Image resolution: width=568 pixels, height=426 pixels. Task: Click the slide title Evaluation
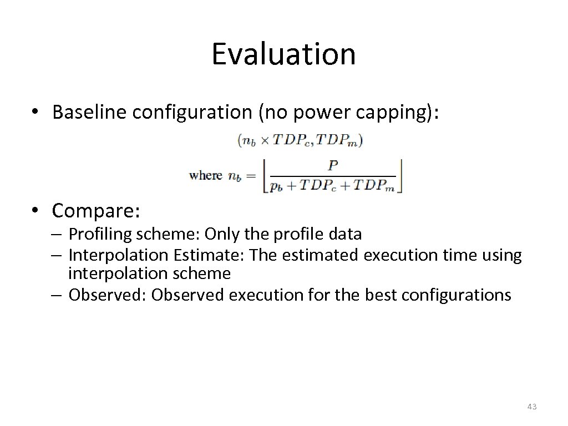(x=283, y=54)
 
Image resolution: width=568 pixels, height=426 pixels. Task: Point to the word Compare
(x=96, y=211)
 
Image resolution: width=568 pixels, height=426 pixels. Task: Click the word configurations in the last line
(x=456, y=295)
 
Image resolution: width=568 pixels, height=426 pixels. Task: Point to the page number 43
(x=531, y=407)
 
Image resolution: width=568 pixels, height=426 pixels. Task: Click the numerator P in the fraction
(x=332, y=165)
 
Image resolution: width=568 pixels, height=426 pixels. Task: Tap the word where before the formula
(x=205, y=176)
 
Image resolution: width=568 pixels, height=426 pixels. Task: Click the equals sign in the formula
(x=251, y=176)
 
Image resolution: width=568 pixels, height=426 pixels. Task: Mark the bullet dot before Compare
(x=37, y=211)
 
